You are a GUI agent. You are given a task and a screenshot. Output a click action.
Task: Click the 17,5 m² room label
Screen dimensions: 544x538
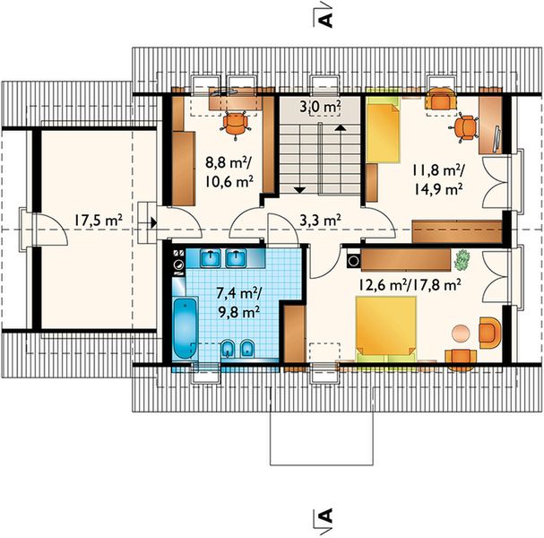(98, 220)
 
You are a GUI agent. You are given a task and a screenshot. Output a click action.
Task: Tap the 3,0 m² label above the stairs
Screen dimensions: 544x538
(320, 106)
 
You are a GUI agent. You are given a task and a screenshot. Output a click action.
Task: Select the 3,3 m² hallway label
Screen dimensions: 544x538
(320, 220)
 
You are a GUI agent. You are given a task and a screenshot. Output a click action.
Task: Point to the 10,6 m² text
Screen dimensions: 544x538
(229, 181)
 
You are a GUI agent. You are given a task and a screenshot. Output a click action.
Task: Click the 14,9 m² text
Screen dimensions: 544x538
(438, 189)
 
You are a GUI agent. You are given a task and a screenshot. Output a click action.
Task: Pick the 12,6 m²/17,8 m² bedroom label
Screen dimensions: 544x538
(410, 285)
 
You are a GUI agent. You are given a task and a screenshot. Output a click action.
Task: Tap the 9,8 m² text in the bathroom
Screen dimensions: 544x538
(239, 312)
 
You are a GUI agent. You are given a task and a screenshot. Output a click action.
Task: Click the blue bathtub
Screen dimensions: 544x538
(186, 328)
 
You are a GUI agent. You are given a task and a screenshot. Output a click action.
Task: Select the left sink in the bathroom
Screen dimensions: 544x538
(211, 258)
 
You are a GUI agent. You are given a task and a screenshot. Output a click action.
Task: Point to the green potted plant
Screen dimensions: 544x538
(462, 260)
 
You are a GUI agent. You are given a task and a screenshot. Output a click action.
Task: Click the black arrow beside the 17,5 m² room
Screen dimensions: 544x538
(154, 223)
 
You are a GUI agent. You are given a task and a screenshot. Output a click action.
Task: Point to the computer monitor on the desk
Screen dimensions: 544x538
(497, 138)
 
